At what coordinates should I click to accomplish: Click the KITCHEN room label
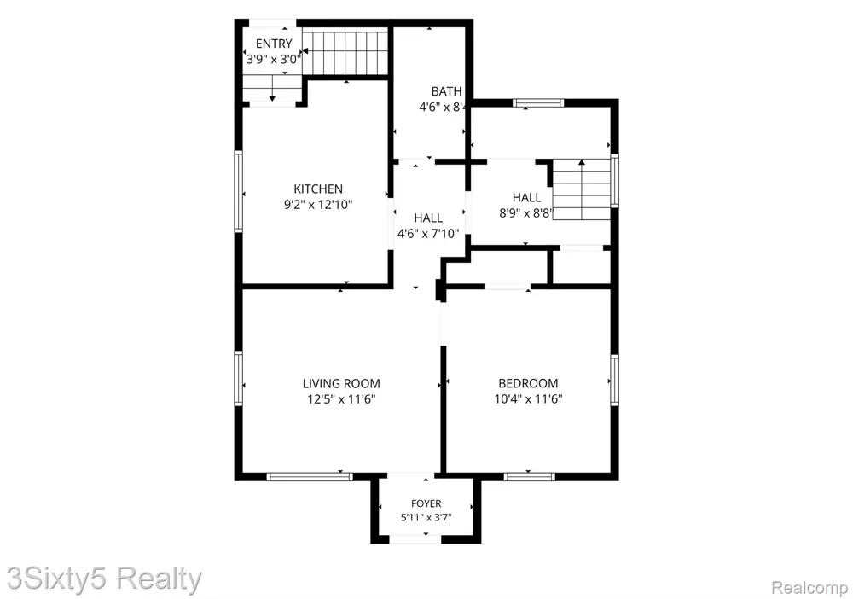pyautogui.click(x=318, y=189)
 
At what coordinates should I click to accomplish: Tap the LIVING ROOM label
pyautogui.click(x=341, y=384)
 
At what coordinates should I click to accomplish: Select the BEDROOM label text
pyautogui.click(x=528, y=384)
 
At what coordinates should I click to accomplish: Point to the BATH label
pyautogui.click(x=447, y=91)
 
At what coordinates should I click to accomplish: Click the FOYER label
pyautogui.click(x=426, y=503)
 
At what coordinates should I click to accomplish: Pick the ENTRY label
pyautogui.click(x=274, y=44)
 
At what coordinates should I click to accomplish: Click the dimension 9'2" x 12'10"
pyautogui.click(x=318, y=205)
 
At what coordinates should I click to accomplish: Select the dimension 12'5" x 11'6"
pyautogui.click(x=341, y=399)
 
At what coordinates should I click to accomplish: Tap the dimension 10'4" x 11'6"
pyautogui.click(x=528, y=398)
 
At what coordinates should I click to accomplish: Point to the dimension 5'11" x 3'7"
pyautogui.click(x=426, y=517)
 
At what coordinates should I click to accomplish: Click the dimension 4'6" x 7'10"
pyautogui.click(x=428, y=234)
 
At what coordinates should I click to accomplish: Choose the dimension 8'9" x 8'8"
pyautogui.click(x=525, y=213)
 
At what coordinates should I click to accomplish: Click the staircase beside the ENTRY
pyautogui.click(x=345, y=52)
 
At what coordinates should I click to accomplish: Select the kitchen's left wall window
pyautogui.click(x=238, y=191)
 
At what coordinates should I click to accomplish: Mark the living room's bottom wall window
pyautogui.click(x=310, y=477)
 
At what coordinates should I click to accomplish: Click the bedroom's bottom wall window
pyautogui.click(x=530, y=477)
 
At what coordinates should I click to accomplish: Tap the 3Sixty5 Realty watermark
pyautogui.click(x=104, y=579)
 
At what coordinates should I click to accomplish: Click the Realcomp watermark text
pyautogui.click(x=809, y=588)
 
